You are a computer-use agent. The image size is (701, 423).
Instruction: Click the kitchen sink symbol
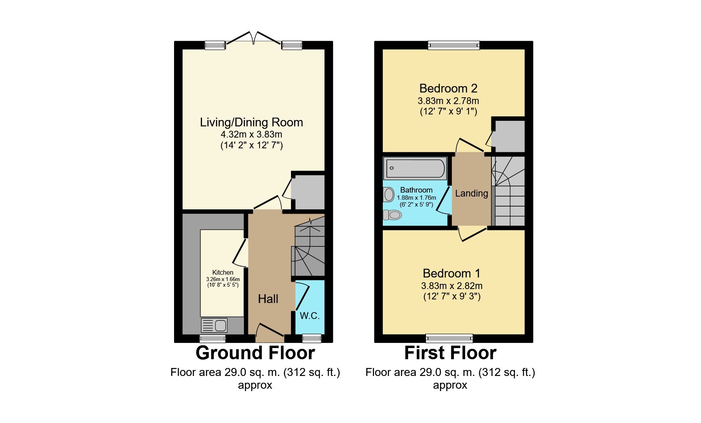(x=214, y=325)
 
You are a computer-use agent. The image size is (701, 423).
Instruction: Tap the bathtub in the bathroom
(x=414, y=168)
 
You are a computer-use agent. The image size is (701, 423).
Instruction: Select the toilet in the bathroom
(x=392, y=215)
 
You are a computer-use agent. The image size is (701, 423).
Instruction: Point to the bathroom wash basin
(x=388, y=195)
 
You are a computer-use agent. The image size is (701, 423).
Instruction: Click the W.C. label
(x=310, y=316)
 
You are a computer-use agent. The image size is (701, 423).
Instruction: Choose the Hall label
(x=268, y=299)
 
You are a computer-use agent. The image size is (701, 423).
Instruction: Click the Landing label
(x=471, y=193)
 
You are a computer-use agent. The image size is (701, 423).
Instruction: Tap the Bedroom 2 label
(x=448, y=88)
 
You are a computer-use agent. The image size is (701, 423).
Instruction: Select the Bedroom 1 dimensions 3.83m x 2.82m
(x=451, y=286)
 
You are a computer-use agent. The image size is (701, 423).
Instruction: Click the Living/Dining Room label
(x=251, y=122)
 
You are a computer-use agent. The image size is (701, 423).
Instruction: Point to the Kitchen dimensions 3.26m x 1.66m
(x=223, y=279)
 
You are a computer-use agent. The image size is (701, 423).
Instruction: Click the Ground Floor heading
(x=255, y=353)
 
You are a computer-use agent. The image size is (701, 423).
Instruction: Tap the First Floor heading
(x=450, y=353)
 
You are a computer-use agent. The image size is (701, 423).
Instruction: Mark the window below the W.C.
(x=312, y=338)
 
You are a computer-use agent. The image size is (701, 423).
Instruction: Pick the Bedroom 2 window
(x=453, y=45)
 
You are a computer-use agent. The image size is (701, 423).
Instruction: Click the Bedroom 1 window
(x=450, y=338)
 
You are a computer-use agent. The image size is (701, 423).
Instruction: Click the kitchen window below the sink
(x=212, y=338)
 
